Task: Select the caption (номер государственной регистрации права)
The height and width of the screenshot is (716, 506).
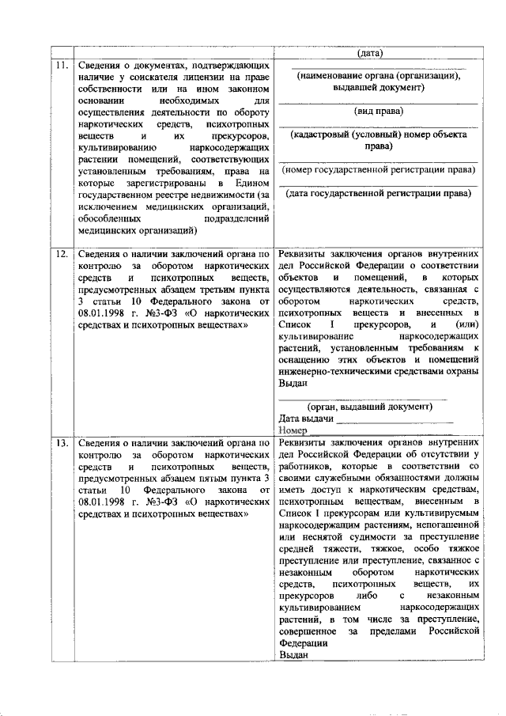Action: click(x=379, y=170)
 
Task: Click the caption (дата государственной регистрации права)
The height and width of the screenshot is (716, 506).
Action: click(x=379, y=192)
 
